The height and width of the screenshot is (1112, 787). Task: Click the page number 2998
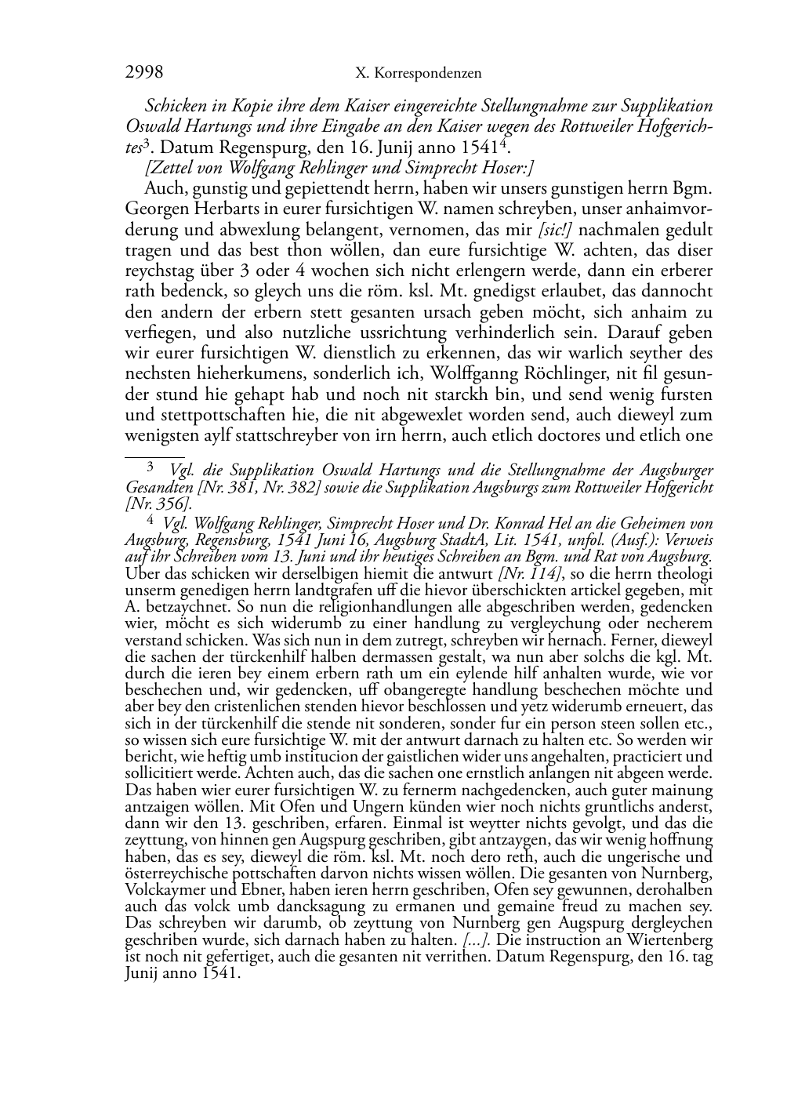pos(144,73)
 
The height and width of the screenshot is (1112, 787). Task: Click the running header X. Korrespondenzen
pos(418,74)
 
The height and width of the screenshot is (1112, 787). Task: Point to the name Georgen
pos(154,210)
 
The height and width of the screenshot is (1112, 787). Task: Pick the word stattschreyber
pos(286,435)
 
